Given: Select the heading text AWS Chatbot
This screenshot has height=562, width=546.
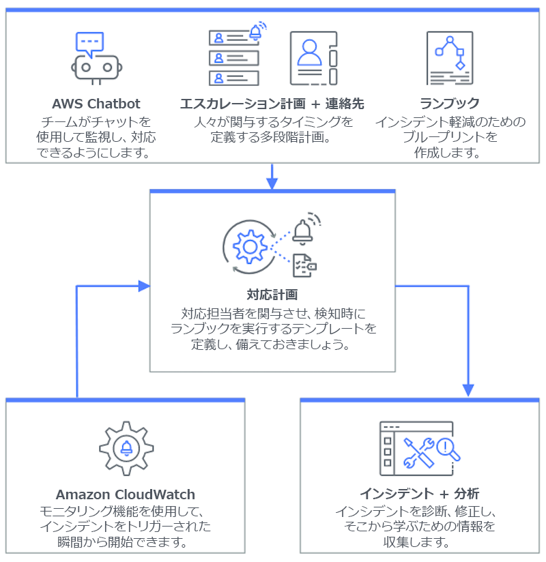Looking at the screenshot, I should click(96, 104).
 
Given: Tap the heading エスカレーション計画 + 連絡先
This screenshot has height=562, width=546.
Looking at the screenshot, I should click(272, 104).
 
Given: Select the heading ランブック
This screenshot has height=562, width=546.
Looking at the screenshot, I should click(450, 104).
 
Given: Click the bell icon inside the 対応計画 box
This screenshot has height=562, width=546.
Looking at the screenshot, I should click(302, 230).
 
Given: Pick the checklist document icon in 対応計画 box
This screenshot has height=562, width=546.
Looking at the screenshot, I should click(303, 265).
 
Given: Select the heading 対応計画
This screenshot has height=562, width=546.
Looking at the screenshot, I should click(272, 295).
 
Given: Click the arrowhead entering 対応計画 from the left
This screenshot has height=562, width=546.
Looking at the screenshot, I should click(143, 286).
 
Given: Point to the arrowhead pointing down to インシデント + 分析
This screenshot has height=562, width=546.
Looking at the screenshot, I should click(468, 389).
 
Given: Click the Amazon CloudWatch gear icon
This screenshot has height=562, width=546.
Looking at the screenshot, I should click(126, 448).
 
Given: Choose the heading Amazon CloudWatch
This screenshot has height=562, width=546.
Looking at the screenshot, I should click(126, 495).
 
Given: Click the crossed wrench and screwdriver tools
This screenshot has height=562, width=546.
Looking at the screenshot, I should click(418, 452).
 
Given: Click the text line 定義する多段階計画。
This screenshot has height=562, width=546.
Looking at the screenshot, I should click(272, 137).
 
